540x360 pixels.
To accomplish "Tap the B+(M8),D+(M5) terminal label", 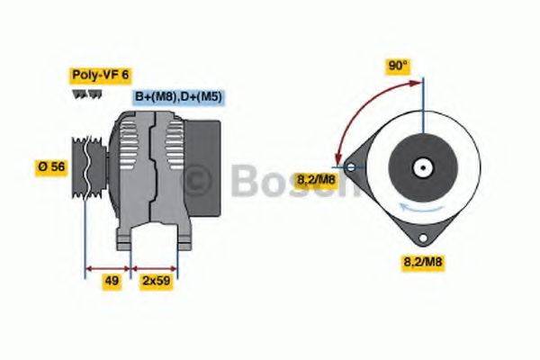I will [179, 97].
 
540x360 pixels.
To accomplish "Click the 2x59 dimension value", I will [155, 281].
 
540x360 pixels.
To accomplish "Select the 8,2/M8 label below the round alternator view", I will [421, 262].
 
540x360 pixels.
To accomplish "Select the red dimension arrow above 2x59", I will [155, 267].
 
